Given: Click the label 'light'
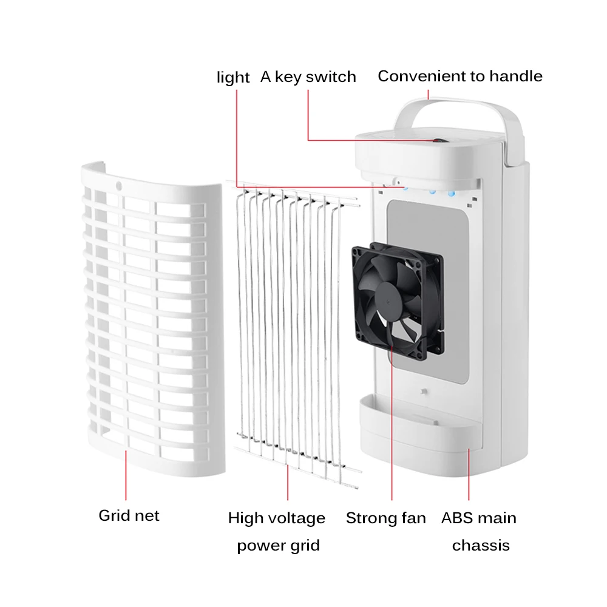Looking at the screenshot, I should (233, 78).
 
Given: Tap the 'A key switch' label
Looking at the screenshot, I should (308, 77).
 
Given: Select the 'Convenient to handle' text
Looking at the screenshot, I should (460, 76).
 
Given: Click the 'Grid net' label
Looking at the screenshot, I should (129, 516).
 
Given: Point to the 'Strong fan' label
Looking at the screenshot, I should (386, 518).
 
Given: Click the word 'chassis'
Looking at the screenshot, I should (481, 545).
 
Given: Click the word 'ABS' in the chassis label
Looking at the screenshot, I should (455, 518).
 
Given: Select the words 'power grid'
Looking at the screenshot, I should (278, 545).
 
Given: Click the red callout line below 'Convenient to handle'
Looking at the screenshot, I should (428, 95).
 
